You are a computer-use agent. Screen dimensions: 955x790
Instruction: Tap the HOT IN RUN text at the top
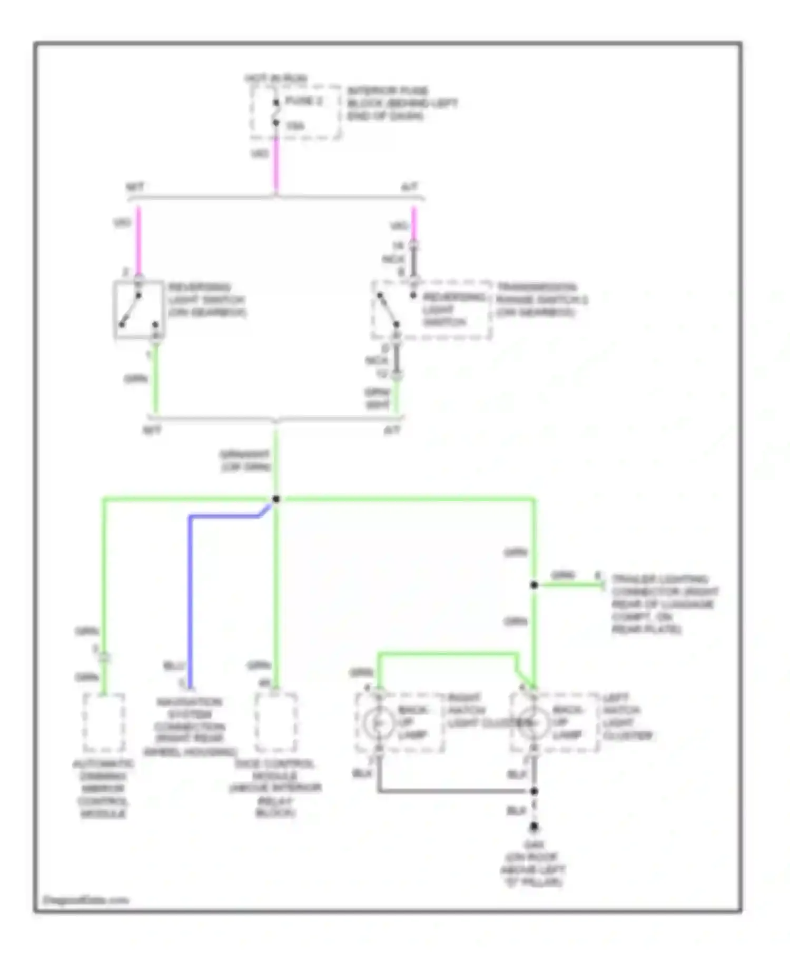point(275,78)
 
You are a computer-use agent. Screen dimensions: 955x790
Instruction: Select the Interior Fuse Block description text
point(401,103)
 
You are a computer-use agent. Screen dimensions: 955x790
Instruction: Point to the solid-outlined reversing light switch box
point(139,310)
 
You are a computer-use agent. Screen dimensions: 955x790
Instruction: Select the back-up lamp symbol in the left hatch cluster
point(533,723)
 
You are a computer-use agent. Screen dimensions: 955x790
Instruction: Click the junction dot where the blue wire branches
point(275,499)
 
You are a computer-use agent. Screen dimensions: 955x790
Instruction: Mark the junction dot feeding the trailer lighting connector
point(534,585)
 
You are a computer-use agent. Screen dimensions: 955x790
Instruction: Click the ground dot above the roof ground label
point(534,827)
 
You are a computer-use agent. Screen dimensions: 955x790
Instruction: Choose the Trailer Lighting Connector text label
point(664,604)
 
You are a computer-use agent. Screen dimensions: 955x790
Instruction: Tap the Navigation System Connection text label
point(189,727)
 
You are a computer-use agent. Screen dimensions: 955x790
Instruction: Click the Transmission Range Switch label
point(541,300)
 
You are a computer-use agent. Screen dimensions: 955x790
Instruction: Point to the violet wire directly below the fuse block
point(275,163)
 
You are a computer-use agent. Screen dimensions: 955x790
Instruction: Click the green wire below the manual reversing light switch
point(155,379)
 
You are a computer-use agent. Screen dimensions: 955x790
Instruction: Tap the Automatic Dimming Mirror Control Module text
point(103,789)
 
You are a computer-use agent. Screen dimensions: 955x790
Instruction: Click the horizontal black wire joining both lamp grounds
point(453,791)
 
